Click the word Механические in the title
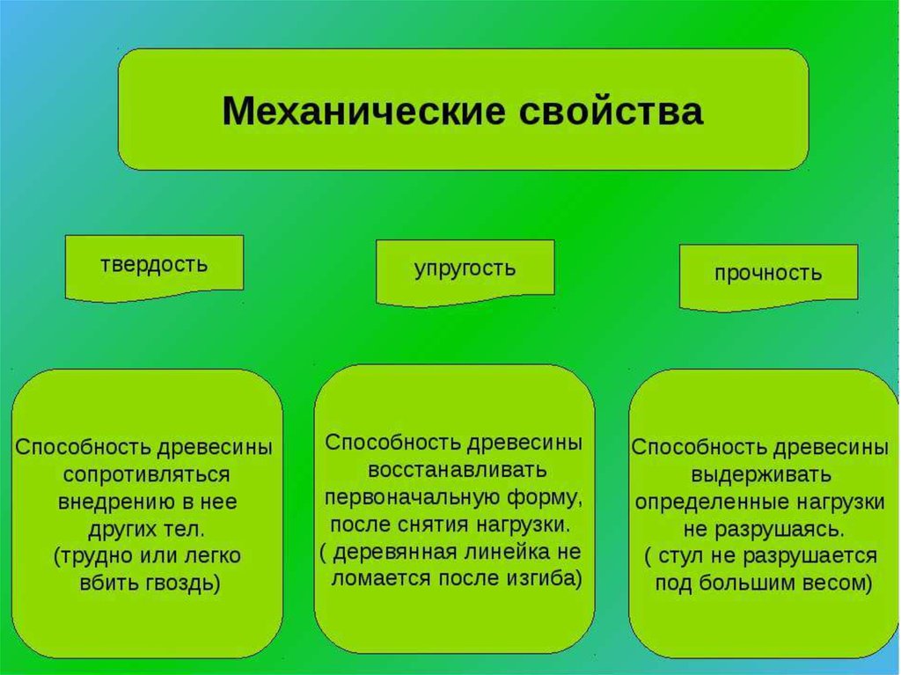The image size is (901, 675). click(x=364, y=110)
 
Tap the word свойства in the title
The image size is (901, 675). click(x=611, y=110)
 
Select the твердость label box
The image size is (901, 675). click(x=154, y=268)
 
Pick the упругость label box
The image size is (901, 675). click(x=465, y=273)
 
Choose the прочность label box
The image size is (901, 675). click(x=768, y=278)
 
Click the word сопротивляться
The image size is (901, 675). click(x=147, y=475)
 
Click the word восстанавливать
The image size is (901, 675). click(x=458, y=470)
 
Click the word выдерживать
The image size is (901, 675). click(x=761, y=475)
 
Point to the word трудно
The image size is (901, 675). click(x=92, y=556)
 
